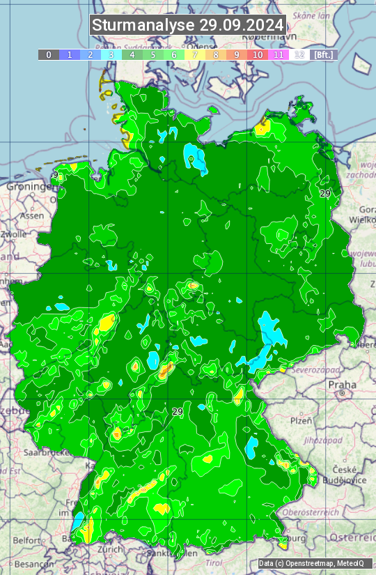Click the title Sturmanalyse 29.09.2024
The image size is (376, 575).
point(188,25)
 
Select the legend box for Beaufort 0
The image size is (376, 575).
point(48,54)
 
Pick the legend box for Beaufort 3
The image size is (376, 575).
point(111,54)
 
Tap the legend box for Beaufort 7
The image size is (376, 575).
point(195,54)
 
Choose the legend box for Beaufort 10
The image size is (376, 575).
point(258,54)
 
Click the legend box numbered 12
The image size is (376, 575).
point(299,54)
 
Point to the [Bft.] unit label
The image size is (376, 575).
point(324,54)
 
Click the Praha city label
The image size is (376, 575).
point(343,385)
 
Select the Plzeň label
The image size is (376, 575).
point(301,420)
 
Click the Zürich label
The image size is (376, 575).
point(111,549)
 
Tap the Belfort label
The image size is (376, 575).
point(27,539)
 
